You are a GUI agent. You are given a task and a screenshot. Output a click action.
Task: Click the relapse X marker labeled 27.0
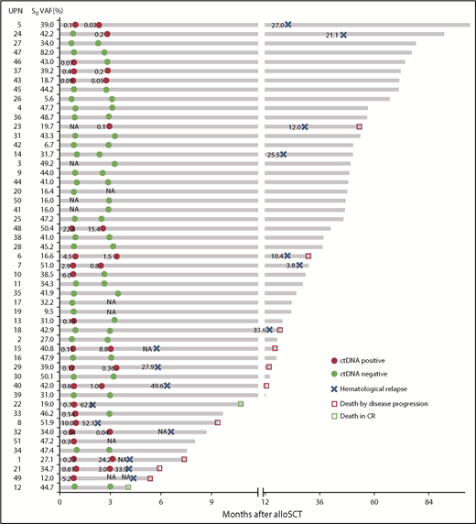click(x=288, y=25)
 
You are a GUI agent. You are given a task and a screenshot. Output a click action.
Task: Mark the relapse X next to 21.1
click(x=343, y=35)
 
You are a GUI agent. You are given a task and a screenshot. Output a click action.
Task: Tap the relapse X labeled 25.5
click(x=284, y=155)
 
